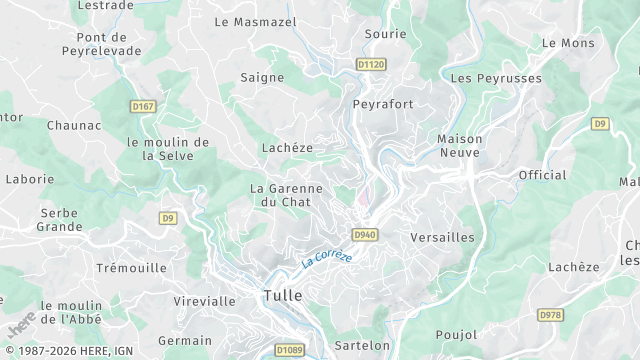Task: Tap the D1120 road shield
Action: pyautogui.click(x=370, y=65)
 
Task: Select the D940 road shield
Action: pyautogui.click(x=364, y=235)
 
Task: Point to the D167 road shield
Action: pyautogui.click(x=143, y=105)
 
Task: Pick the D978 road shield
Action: pyautogui.click(x=550, y=314)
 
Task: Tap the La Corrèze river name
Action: pyautogui.click(x=327, y=257)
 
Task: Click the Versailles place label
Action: pyautogui.click(x=442, y=237)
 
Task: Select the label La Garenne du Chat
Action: pyautogui.click(x=286, y=195)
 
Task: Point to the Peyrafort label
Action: pyautogui.click(x=383, y=104)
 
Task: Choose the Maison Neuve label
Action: pyautogui.click(x=460, y=146)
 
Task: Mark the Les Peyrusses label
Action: pyautogui.click(x=496, y=78)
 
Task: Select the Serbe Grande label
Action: pyautogui.click(x=60, y=220)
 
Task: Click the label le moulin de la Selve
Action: pyautogui.click(x=168, y=149)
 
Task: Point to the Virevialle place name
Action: pyautogui.click(x=204, y=301)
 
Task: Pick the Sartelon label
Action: pyautogui.click(x=361, y=345)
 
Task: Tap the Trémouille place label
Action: pyautogui.click(x=131, y=268)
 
